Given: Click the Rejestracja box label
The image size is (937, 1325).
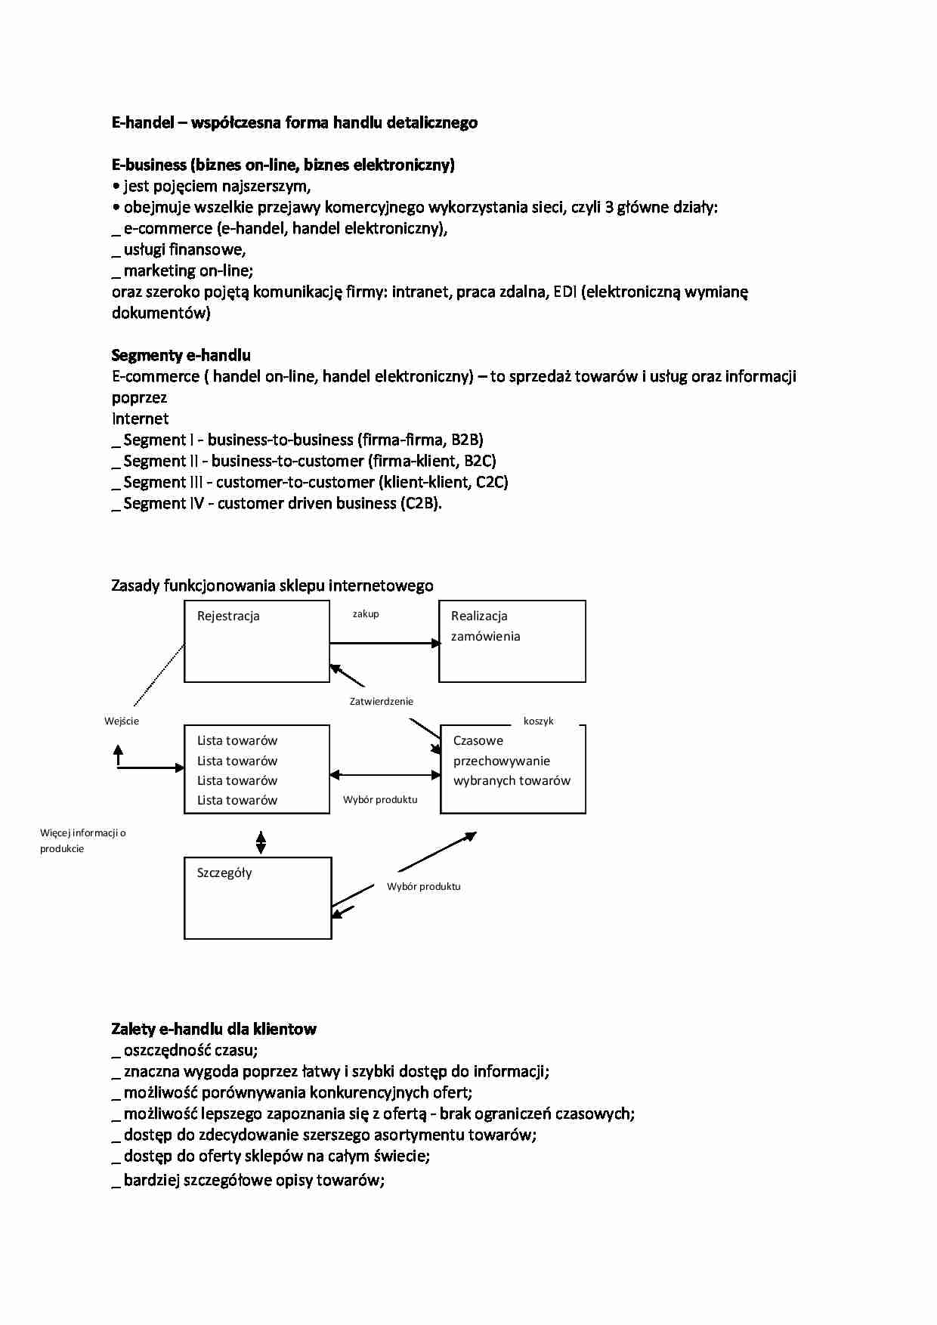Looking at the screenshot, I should tap(228, 616).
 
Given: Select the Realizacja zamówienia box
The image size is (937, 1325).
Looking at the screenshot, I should tap(512, 641).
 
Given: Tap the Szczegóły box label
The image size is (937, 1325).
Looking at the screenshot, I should tap(224, 873).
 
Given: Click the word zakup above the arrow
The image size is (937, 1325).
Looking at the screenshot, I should tap(366, 614).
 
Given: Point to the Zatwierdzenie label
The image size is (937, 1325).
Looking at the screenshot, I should tap(381, 701).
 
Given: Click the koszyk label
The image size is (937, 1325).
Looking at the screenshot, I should tap(538, 721).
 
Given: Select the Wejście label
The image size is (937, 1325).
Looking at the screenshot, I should tap(122, 721).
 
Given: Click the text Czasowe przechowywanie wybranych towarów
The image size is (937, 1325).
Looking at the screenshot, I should tap(511, 761).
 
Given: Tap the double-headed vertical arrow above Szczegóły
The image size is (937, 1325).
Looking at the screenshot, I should tap(261, 842).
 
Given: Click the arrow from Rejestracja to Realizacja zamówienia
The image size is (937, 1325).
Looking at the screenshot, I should tap(385, 643).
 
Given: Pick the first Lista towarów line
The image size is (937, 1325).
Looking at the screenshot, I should tap(237, 740).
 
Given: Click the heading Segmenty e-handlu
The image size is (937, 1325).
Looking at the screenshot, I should tap(181, 355).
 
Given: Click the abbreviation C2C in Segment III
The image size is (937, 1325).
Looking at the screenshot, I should tap(491, 482).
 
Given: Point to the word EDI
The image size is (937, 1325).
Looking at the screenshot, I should tap(564, 292).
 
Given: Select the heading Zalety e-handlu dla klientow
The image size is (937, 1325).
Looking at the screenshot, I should tap(213, 1029).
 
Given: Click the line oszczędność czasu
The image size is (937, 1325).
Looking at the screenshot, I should tap(190, 1050).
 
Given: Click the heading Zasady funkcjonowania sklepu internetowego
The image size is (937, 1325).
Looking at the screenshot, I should tap(272, 585).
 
